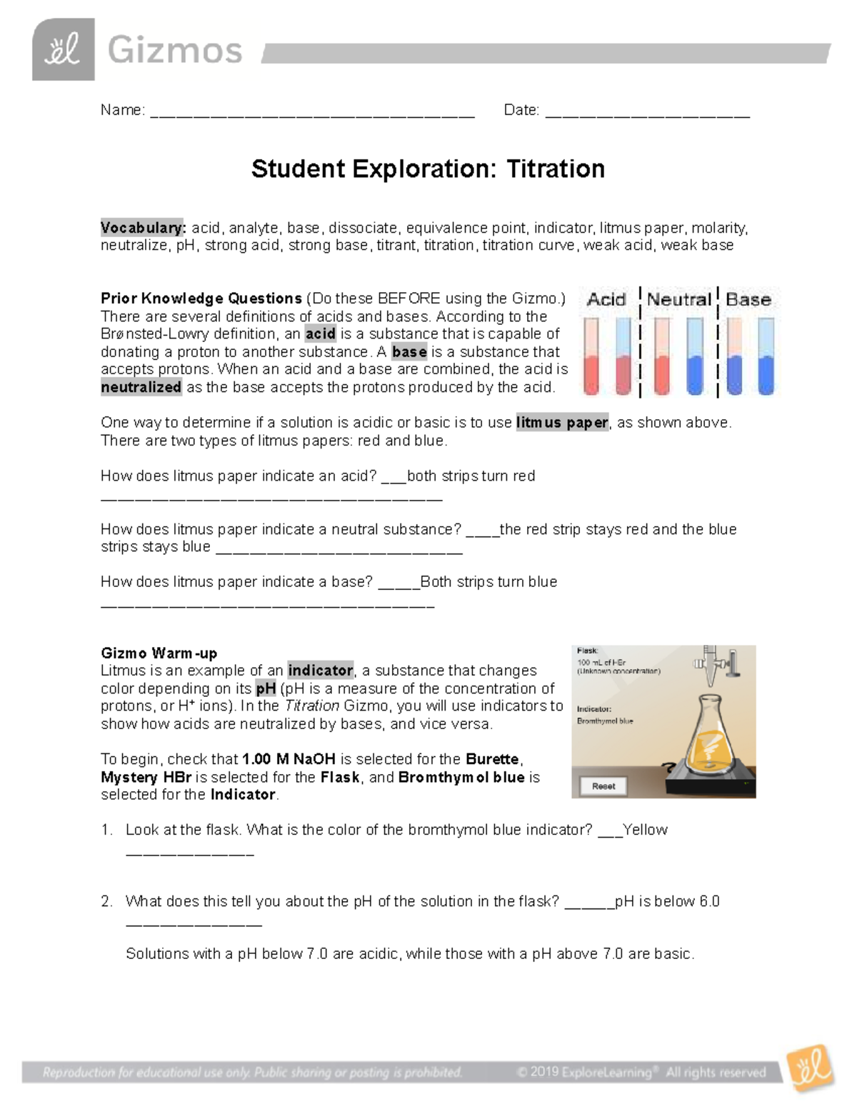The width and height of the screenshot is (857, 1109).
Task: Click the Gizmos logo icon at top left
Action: pyautogui.click(x=63, y=49)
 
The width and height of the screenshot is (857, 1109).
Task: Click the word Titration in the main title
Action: pyautogui.click(x=556, y=169)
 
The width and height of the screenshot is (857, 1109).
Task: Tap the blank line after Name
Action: pyautogui.click(x=312, y=113)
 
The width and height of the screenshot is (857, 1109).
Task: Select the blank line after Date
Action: pyautogui.click(x=647, y=113)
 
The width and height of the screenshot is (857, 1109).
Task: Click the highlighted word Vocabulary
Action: pyautogui.click(x=143, y=228)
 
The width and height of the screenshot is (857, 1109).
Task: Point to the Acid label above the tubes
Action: pyautogui.click(x=606, y=300)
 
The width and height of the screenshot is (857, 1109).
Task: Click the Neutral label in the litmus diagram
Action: pyautogui.click(x=678, y=300)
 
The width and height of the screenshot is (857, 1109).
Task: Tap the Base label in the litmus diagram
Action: pyautogui.click(x=748, y=300)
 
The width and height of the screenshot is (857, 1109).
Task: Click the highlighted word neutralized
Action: pyautogui.click(x=141, y=387)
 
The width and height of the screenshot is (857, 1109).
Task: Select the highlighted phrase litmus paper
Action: pyautogui.click(x=562, y=423)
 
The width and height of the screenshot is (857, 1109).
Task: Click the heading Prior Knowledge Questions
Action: pyautogui.click(x=201, y=298)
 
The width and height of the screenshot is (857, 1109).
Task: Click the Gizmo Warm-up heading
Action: pyautogui.click(x=159, y=653)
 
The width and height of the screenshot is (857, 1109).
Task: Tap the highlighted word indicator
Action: pyautogui.click(x=320, y=671)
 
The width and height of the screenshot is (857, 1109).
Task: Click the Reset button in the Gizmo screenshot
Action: pyautogui.click(x=603, y=786)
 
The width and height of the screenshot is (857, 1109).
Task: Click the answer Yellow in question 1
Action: pyautogui.click(x=645, y=830)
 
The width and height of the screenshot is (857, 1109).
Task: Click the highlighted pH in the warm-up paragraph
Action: pyautogui.click(x=266, y=688)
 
